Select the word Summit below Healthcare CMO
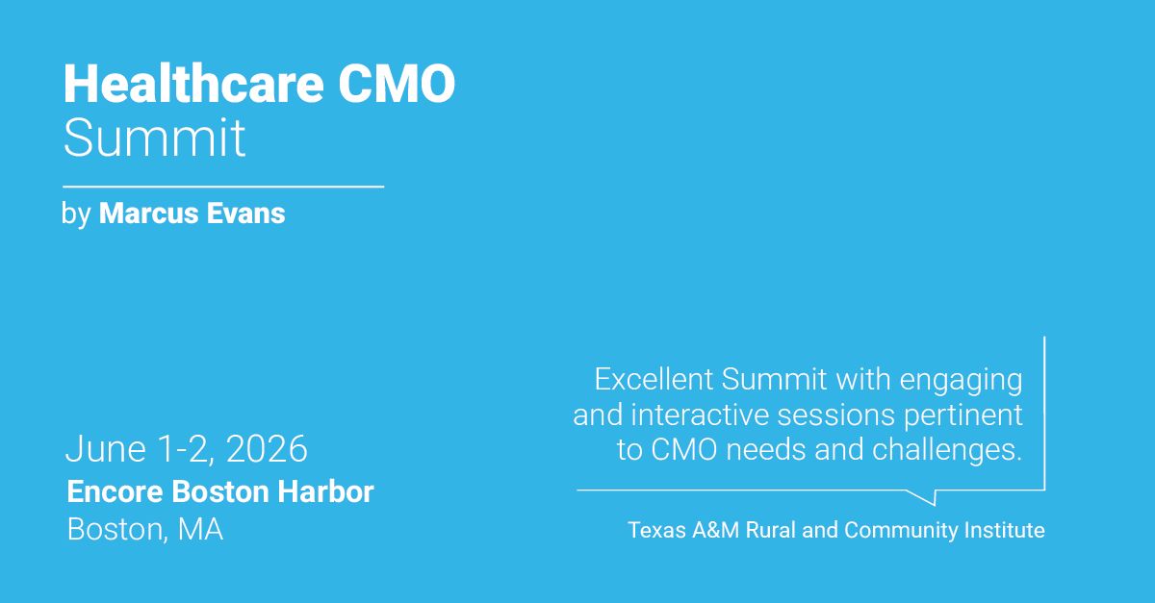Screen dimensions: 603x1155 pos(154,138)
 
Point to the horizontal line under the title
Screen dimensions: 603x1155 pos(223,186)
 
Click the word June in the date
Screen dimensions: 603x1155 pos(97,449)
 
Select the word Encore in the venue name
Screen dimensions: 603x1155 pos(115,492)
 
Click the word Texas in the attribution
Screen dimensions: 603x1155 pos(655,529)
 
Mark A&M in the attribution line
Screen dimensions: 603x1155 pos(717,529)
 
